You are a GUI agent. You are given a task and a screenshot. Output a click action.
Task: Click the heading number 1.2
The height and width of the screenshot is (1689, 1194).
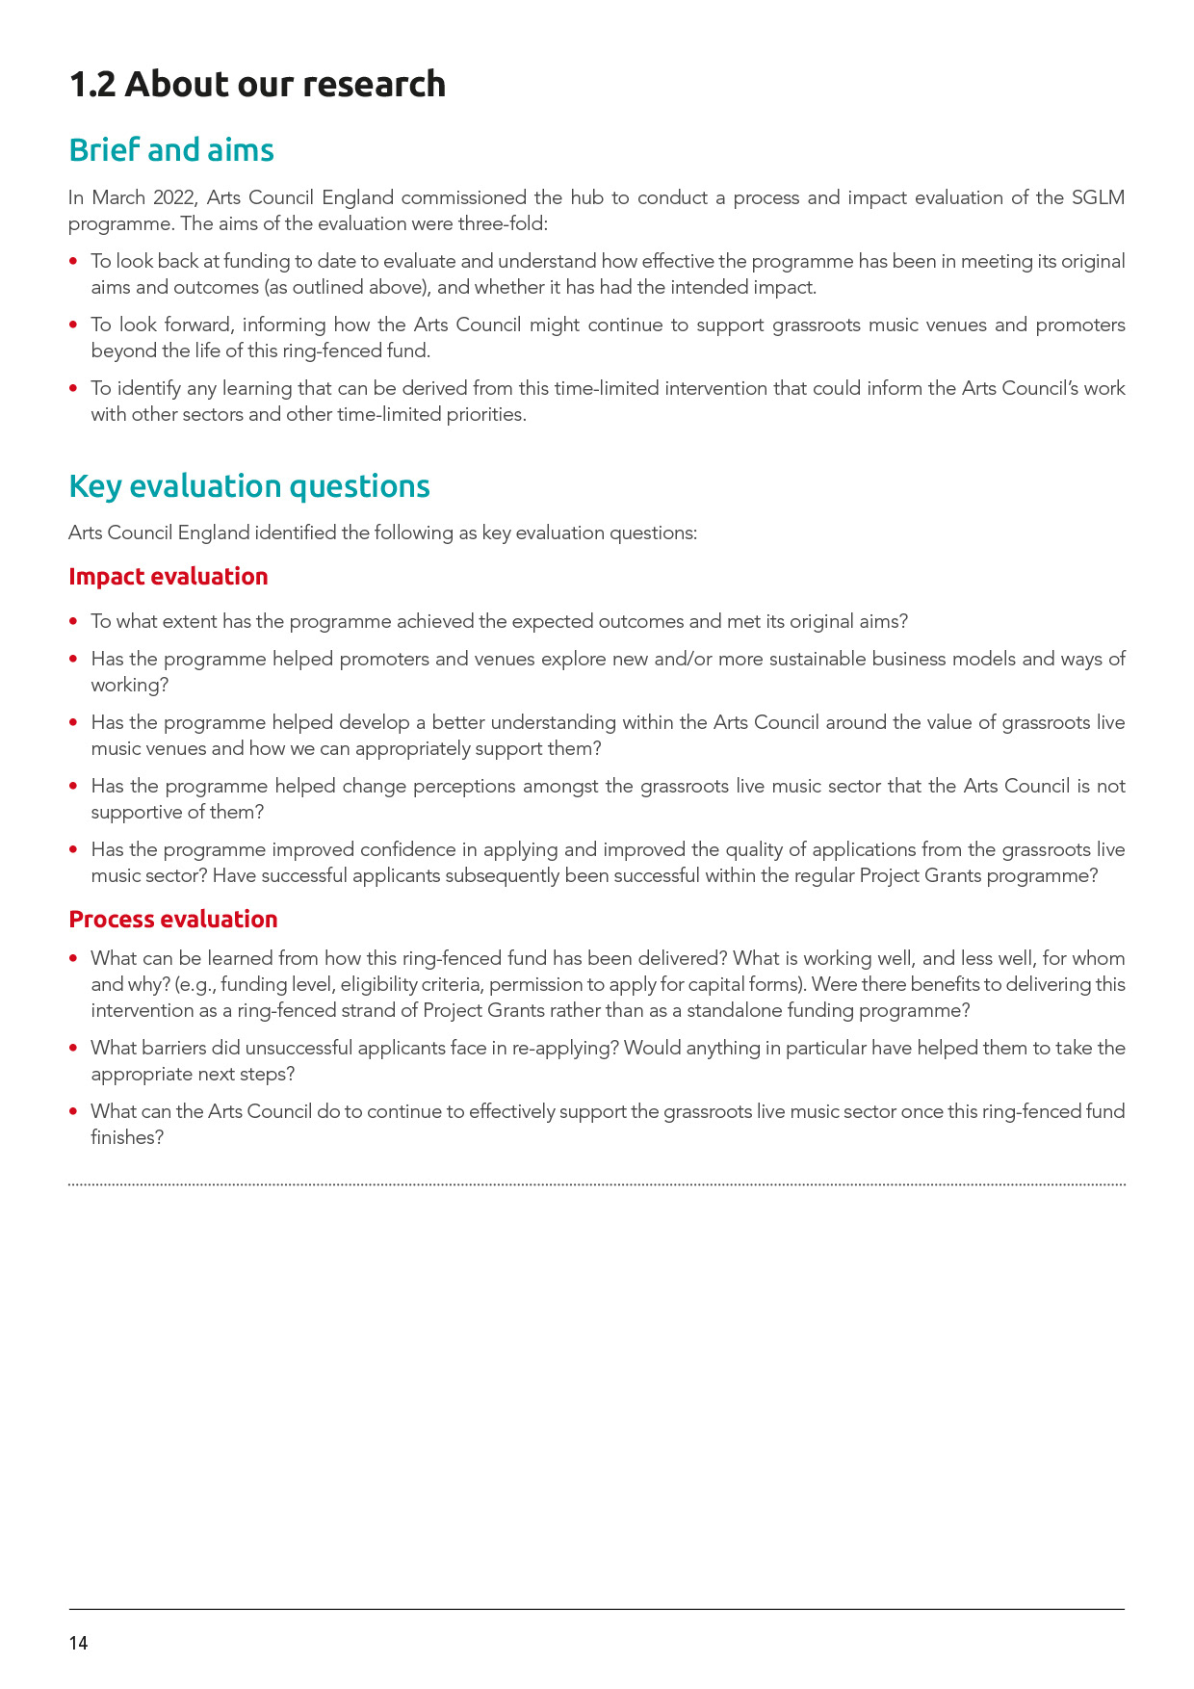91,85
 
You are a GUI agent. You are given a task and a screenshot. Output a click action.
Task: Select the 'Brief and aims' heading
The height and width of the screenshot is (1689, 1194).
171,150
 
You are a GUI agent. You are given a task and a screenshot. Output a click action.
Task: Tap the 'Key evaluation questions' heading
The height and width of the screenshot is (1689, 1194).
249,486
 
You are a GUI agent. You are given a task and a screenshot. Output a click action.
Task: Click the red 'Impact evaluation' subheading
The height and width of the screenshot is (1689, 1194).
169,577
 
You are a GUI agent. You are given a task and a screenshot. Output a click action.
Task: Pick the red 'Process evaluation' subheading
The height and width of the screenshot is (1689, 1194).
173,920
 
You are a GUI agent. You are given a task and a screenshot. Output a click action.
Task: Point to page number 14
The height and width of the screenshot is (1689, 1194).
78,1644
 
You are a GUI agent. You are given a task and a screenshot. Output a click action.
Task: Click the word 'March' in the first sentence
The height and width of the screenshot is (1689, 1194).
117,198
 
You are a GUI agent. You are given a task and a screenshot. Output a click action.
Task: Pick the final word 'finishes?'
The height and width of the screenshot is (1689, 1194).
127,1137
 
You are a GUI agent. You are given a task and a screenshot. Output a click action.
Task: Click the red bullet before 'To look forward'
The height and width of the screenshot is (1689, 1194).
74,325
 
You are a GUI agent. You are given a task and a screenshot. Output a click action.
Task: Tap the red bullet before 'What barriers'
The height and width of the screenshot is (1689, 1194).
74,1048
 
